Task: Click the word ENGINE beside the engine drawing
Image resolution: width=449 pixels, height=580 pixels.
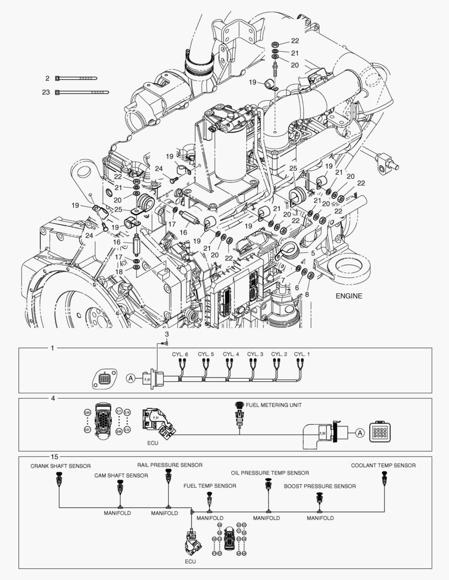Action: pyautogui.click(x=349, y=296)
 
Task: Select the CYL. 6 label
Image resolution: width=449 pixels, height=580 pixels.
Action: pyautogui.click(x=180, y=354)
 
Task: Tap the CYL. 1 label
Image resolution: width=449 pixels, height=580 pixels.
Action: pyautogui.click(x=302, y=354)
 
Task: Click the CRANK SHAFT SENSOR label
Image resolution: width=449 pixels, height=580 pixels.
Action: pyautogui.click(x=60, y=466)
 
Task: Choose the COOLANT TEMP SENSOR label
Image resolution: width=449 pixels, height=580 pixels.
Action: pyautogui.click(x=383, y=466)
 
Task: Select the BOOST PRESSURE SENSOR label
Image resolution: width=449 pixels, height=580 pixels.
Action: pyautogui.click(x=320, y=486)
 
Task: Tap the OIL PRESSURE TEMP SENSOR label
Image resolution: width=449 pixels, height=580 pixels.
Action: pyautogui.click(x=270, y=473)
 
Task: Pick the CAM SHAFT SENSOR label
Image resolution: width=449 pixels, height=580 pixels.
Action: pyautogui.click(x=122, y=475)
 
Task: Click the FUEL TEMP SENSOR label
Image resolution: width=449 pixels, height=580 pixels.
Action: pyautogui.click(x=210, y=486)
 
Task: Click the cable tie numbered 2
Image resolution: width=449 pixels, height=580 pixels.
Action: pyautogui.click(x=81, y=78)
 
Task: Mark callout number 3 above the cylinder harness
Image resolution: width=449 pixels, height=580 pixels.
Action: pyautogui.click(x=167, y=335)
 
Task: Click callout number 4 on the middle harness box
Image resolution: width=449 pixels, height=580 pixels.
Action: pyautogui.click(x=52, y=398)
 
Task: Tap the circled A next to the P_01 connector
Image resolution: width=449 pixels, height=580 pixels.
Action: pyautogui.click(x=131, y=378)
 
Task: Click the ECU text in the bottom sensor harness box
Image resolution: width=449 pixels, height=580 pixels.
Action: pyautogui.click(x=190, y=561)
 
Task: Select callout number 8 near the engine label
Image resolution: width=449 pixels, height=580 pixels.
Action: pyautogui.click(x=307, y=294)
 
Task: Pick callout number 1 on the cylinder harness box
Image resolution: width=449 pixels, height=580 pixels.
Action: pyautogui.click(x=52, y=348)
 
